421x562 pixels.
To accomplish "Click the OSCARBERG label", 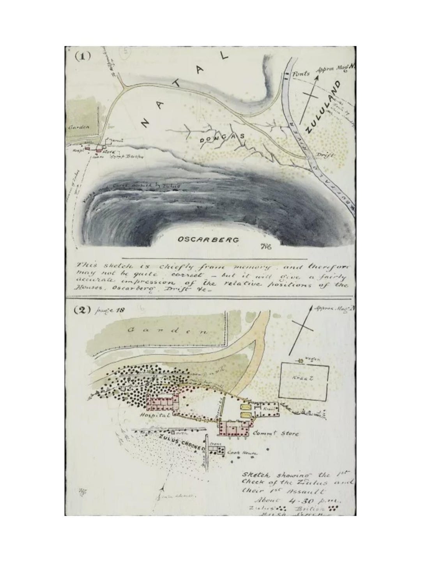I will pyautogui.click(x=208, y=240).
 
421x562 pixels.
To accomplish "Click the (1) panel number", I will pyautogui.click(x=83, y=55).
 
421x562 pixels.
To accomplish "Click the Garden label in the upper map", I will pyautogui.click(x=74, y=126).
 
